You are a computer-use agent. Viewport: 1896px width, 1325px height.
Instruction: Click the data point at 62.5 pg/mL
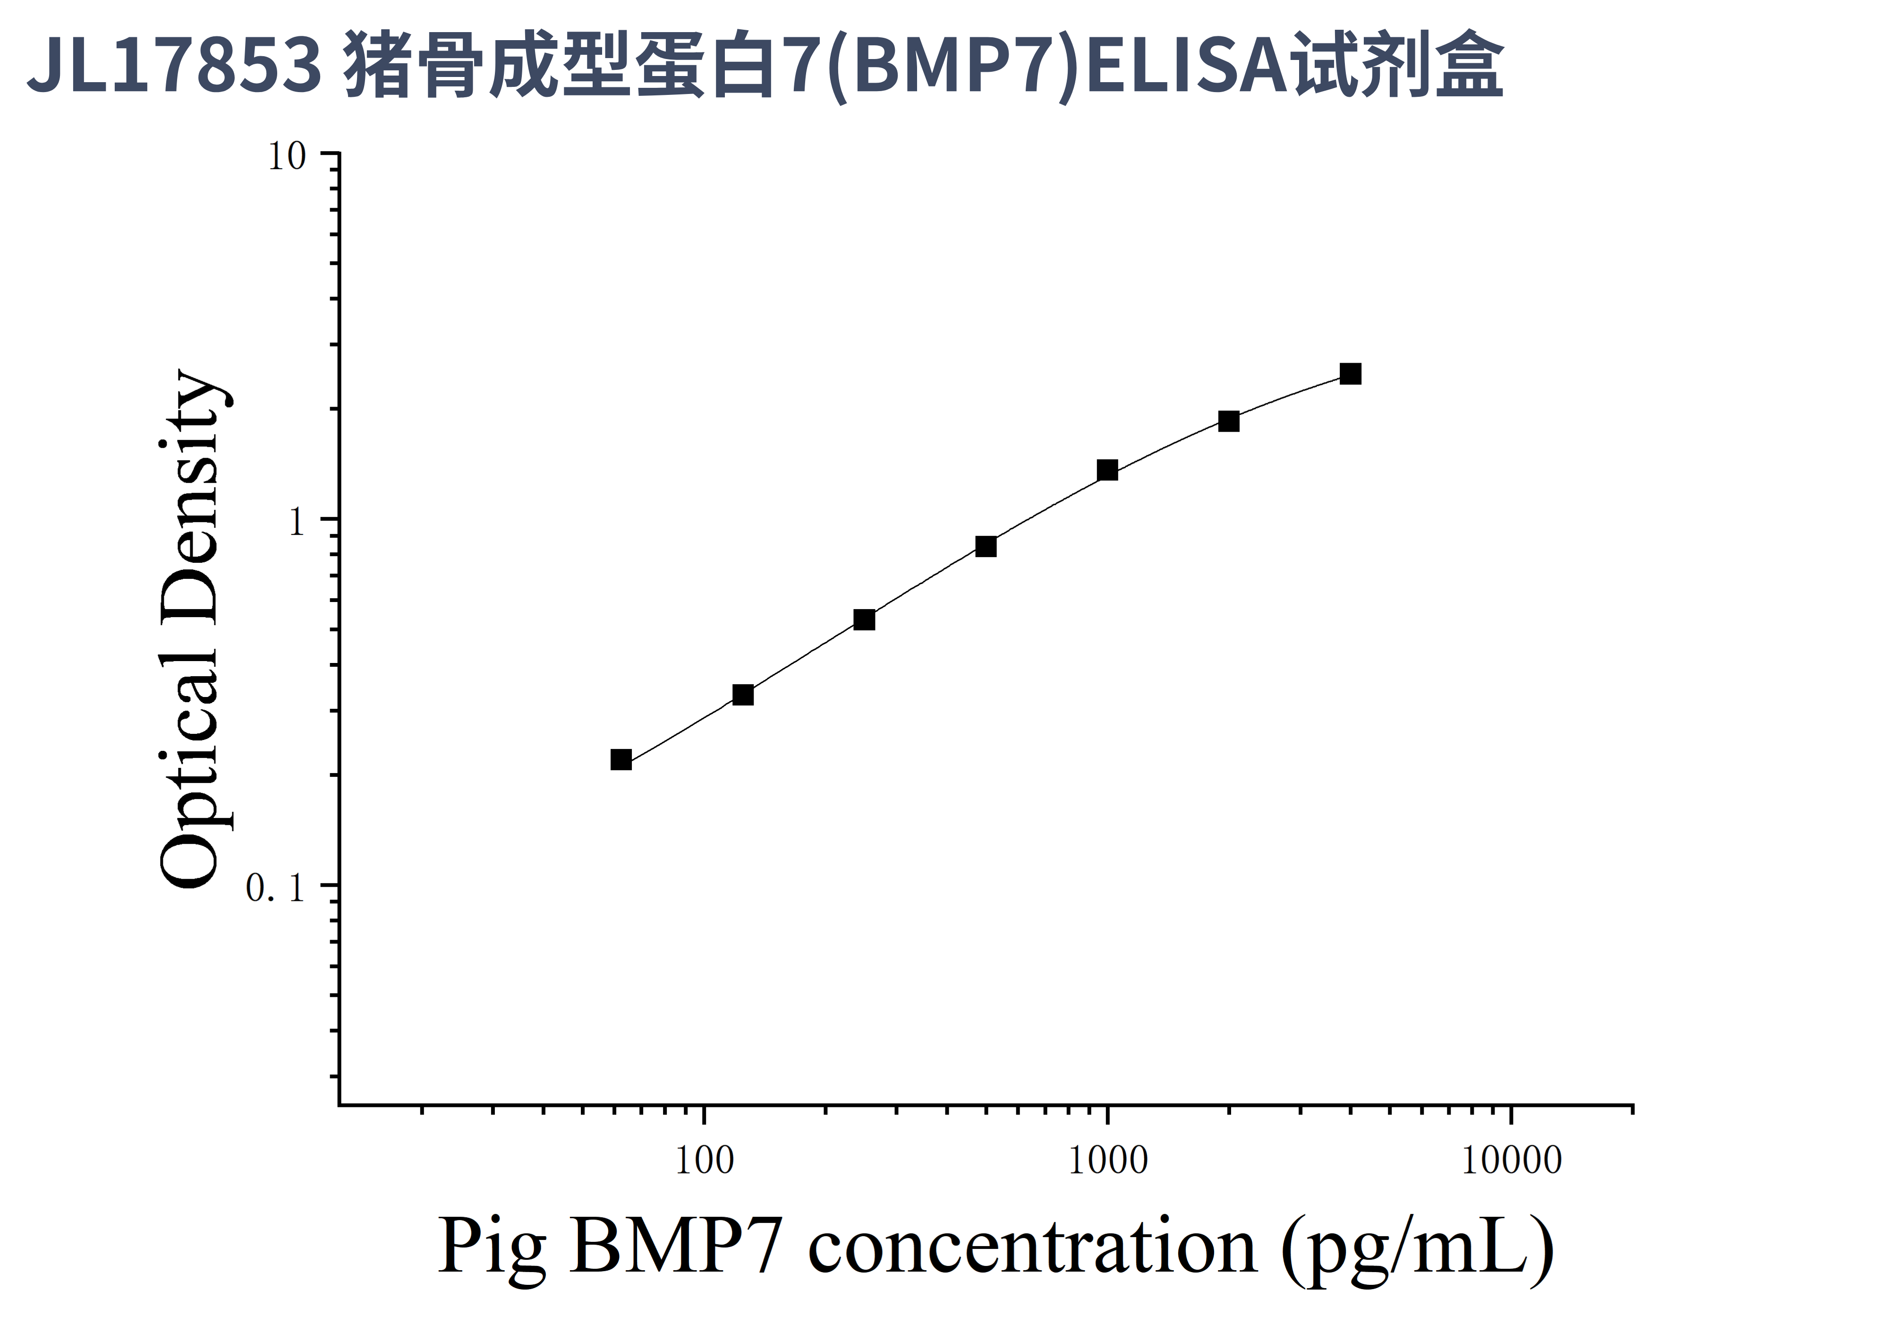point(621,759)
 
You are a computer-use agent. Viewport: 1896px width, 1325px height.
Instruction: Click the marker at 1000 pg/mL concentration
point(1107,471)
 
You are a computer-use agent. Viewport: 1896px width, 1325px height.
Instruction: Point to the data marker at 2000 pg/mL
point(1229,422)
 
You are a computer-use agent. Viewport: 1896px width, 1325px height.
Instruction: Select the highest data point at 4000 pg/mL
point(1350,374)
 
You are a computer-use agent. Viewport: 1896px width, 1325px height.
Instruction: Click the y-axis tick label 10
point(287,157)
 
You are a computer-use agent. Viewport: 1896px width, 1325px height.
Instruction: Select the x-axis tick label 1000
point(1107,1162)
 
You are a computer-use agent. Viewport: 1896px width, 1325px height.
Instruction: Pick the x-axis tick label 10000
point(1511,1162)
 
